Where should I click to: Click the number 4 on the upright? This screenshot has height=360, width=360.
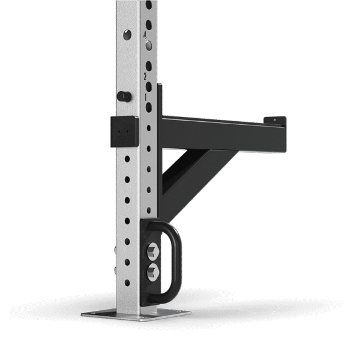pos(145,35)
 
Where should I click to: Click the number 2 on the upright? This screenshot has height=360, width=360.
pos(145,77)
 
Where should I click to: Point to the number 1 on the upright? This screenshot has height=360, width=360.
pos(145,97)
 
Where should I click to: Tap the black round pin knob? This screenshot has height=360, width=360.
pos(124,96)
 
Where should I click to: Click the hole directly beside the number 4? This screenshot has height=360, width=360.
pos(149,46)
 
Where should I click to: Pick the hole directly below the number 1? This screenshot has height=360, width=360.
pos(149,107)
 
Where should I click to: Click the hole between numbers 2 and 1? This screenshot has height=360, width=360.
pos(149,86)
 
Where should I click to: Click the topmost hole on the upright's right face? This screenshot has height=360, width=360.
pos(148,5)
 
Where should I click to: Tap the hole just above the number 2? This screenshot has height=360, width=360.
pos(149,65)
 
